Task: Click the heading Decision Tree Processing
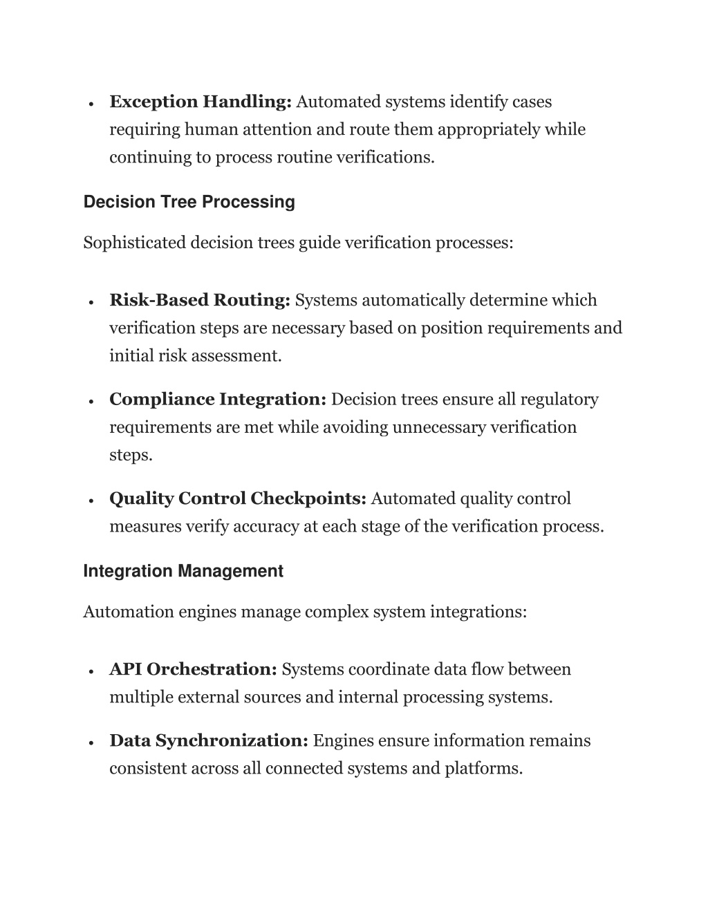coord(189,202)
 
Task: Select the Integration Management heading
coord(183,571)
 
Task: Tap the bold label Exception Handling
coord(201,102)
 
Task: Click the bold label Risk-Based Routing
coord(200,300)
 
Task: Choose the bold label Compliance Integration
coord(218,400)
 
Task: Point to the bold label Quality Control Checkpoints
coord(238,498)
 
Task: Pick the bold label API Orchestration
coord(194,669)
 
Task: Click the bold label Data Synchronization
coord(209,740)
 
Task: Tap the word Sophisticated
coord(134,243)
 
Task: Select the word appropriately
coord(488,129)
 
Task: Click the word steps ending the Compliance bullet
coord(130,455)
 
